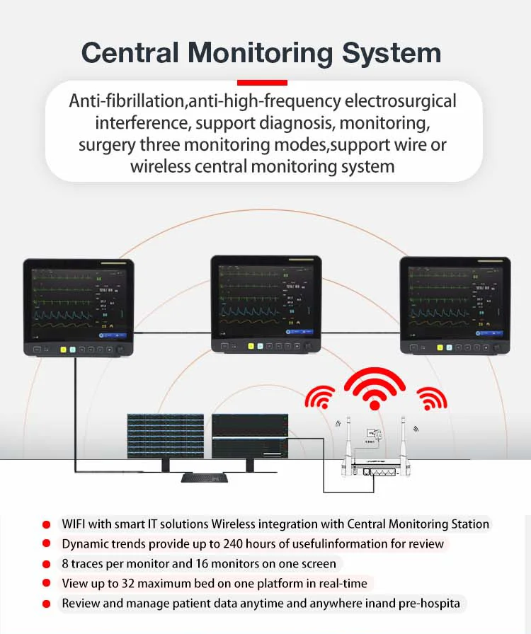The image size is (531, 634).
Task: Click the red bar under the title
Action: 262,83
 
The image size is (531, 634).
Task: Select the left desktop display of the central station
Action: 166,435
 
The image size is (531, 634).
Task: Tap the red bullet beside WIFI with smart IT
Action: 47,525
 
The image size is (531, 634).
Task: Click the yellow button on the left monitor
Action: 63,349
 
